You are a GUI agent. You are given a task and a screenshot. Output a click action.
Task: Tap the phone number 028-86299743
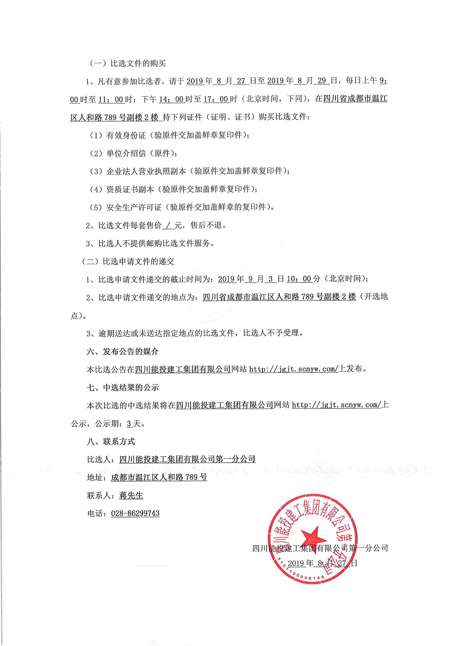tap(135, 513)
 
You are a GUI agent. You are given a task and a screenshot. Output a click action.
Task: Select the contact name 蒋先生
tap(131, 495)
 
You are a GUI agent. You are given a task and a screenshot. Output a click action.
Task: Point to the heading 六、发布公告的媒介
tap(122, 352)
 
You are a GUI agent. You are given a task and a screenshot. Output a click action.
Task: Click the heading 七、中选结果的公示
tap(122, 387)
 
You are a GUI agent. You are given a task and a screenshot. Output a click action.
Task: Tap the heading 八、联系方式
tap(111, 441)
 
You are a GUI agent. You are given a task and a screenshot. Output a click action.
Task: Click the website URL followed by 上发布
tap(294, 369)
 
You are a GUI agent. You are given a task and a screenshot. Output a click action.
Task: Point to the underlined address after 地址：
tap(159, 477)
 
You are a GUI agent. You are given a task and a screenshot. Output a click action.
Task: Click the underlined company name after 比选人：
tap(187, 459)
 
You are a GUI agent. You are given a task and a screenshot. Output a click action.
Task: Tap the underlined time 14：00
tap(171, 99)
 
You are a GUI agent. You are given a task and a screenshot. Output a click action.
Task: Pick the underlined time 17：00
tap(216, 99)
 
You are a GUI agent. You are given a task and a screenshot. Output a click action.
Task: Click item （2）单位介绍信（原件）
tap(133, 153)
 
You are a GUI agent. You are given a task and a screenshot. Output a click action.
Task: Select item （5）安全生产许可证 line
tap(182, 207)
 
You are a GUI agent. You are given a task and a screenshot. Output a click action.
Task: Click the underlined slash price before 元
tap(168, 225)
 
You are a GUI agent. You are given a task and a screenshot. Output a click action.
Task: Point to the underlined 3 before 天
tap(129, 423)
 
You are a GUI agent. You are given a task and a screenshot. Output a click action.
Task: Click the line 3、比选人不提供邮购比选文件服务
tap(150, 243)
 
